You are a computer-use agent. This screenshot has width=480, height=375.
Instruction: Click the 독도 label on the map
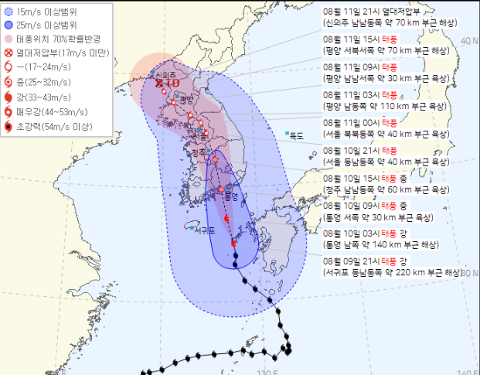297,136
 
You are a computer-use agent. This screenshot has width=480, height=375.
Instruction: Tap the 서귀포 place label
205,230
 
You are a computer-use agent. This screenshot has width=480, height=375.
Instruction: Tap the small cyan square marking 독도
287,134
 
